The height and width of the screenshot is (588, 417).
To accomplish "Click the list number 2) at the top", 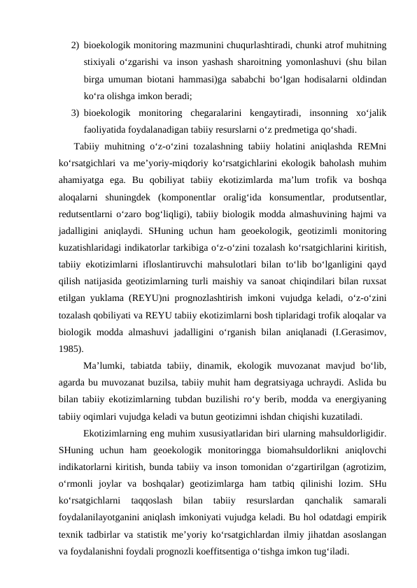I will (74, 45).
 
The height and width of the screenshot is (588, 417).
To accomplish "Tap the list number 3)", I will (74, 112).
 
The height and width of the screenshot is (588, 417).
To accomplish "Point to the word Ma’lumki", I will (106, 365).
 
